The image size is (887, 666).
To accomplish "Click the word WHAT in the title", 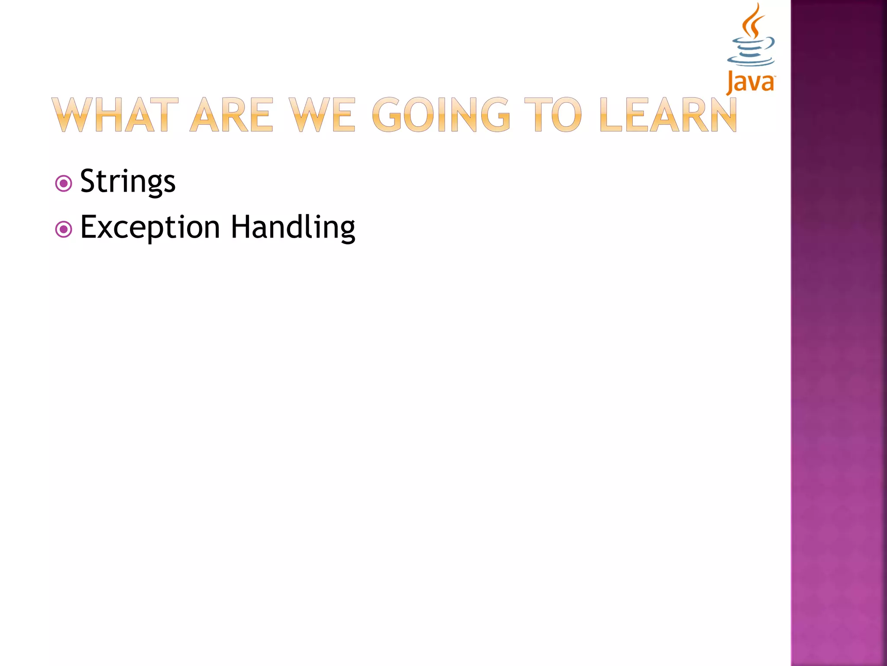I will click(x=115, y=115).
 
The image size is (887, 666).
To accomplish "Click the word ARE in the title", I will click(x=232, y=115).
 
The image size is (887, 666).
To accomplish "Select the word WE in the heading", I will click(x=322, y=115).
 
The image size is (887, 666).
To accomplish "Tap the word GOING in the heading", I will click(x=441, y=115).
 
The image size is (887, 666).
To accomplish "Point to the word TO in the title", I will click(x=553, y=115).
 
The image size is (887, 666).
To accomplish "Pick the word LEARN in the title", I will click(x=668, y=115).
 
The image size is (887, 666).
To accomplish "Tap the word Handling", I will click(x=293, y=228).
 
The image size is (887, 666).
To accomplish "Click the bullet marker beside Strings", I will click(x=64, y=183).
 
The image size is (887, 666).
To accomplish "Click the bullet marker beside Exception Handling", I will click(x=64, y=229).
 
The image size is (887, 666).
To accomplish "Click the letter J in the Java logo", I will click(x=731, y=82).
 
